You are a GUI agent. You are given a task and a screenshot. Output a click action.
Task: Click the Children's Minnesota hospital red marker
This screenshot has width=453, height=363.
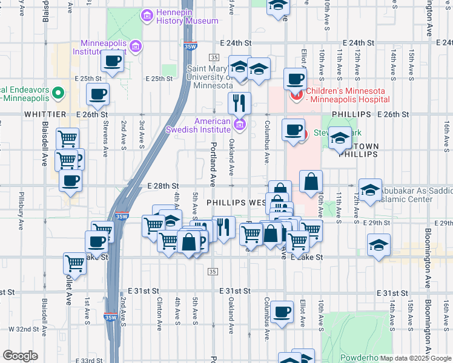(297, 95)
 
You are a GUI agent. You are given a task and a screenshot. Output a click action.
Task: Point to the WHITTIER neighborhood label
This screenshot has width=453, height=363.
(44, 114)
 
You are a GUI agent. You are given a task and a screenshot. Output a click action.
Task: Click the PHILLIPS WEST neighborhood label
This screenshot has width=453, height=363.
(237, 202)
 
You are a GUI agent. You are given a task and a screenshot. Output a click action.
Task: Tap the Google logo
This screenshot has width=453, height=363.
(20, 356)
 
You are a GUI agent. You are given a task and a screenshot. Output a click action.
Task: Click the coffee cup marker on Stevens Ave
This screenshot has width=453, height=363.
(98, 94)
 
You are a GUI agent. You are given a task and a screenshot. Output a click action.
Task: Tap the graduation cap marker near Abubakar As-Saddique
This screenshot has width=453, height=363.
(370, 189)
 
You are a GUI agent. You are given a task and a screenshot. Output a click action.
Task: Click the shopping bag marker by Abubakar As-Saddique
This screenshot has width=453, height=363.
(311, 181)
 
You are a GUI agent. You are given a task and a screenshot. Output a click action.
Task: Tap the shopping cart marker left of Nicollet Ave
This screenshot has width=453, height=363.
(74, 263)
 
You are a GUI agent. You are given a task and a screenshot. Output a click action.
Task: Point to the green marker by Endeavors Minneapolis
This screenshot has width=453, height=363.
(58, 93)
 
